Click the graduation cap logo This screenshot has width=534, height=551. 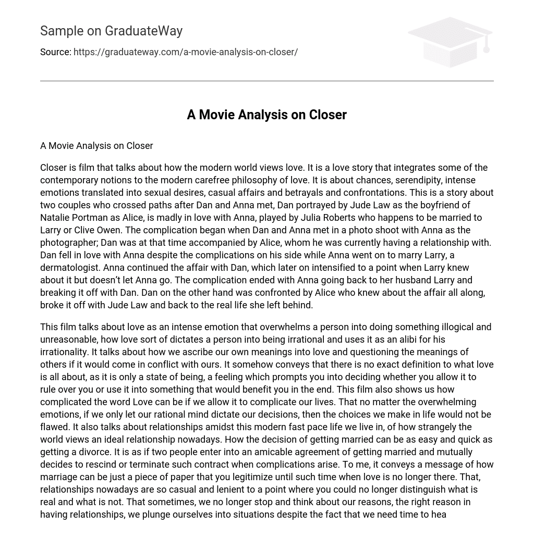coord(450,42)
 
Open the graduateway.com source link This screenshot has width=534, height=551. coord(186,52)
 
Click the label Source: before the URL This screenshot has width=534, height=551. coord(56,52)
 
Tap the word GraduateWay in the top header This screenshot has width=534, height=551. coord(143,31)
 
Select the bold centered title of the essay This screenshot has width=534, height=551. coord(266,115)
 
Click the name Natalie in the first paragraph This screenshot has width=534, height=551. coord(57,218)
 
